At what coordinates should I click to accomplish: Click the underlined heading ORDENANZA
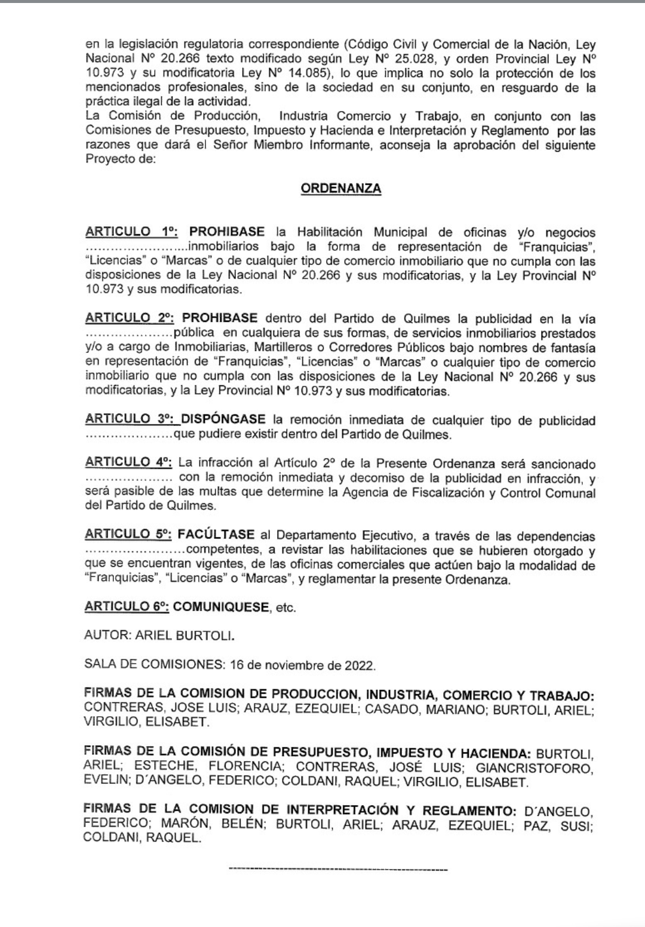click(341, 189)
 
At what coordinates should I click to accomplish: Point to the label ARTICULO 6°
click(127, 607)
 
